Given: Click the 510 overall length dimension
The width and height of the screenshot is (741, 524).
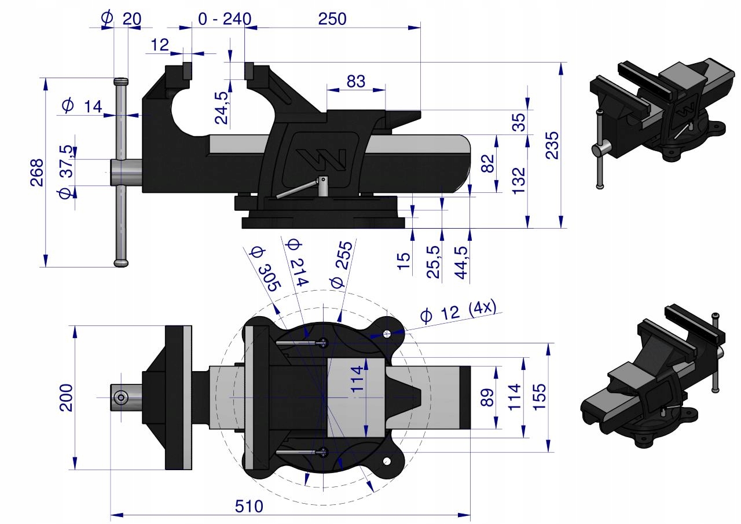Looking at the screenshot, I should coord(249,506).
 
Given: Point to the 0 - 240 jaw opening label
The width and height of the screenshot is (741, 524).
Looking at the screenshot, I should coord(224,19).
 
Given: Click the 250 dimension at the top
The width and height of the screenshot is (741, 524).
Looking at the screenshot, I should coord(332,19).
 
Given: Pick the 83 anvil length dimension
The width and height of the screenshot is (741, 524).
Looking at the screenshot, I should coord(356,82).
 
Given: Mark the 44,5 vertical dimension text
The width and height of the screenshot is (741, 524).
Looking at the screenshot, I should coord(462,262).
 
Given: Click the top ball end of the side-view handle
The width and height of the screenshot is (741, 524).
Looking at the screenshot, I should coord(121,81).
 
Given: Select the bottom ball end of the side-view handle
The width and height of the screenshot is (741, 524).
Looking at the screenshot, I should coord(121,263).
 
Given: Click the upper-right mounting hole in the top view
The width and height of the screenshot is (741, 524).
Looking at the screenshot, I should coord(387,334).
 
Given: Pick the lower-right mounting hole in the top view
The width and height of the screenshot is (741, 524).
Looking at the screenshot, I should coord(387,461).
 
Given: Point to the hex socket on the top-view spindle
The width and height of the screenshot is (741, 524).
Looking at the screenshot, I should coord(121,397).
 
